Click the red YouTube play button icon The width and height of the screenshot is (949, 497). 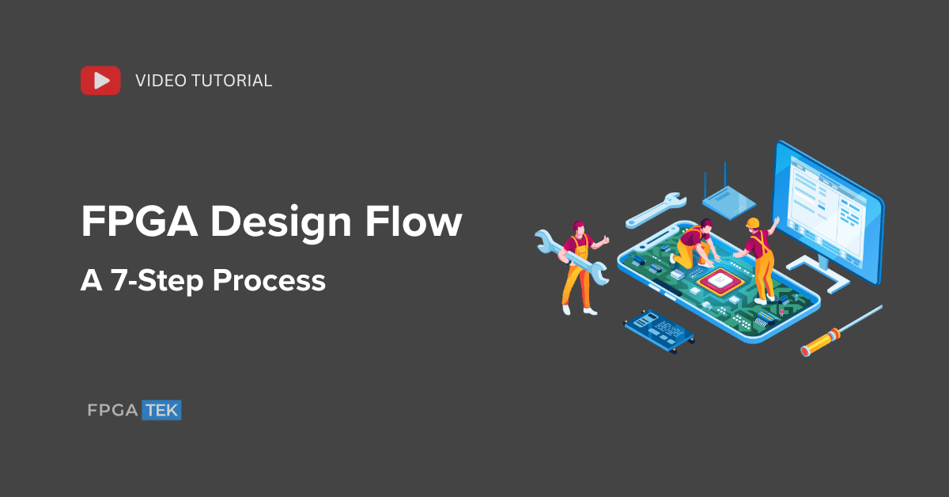click(x=100, y=80)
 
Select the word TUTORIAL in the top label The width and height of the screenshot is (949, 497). click(x=233, y=81)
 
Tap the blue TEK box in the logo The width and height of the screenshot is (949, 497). click(x=161, y=410)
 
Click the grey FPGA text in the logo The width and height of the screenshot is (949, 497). click(x=112, y=410)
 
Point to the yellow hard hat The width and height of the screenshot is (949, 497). click(x=752, y=223)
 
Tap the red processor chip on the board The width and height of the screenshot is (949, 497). click(x=720, y=279)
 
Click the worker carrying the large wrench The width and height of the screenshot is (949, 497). click(x=577, y=265)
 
